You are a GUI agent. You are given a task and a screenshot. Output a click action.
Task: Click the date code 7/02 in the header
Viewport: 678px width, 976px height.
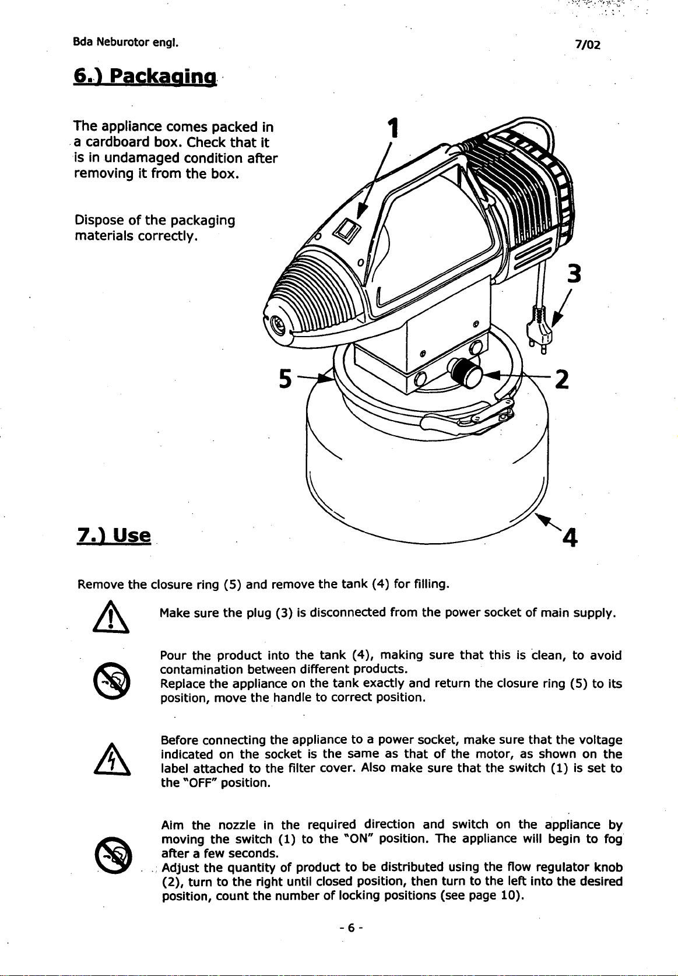coord(587,45)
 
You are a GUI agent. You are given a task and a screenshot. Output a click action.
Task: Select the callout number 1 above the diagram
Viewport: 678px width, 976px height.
coord(395,128)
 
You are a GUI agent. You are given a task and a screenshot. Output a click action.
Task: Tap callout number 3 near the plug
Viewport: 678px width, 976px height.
coord(575,274)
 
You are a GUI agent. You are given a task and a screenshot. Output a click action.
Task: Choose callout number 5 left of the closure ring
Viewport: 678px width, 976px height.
coord(285,379)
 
